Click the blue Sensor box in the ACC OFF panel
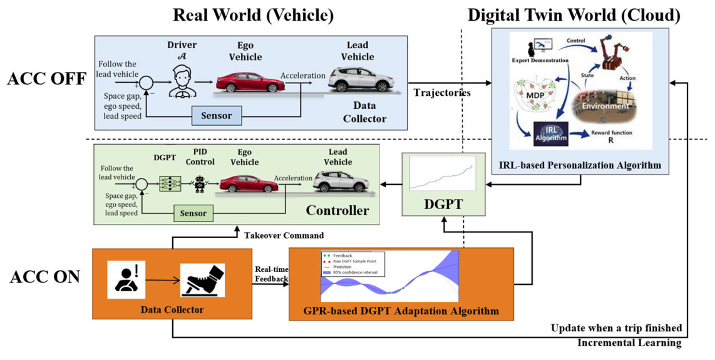[x=216, y=115]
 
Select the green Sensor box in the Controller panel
[x=193, y=213]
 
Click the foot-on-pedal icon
[x=202, y=280]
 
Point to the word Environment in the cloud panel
[x=604, y=106]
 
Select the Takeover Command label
[x=284, y=235]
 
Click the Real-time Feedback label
[x=271, y=273]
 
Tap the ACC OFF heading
[x=46, y=80]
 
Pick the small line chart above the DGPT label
[x=441, y=173]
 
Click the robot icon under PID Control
[x=200, y=183]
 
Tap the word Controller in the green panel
[x=337, y=210]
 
